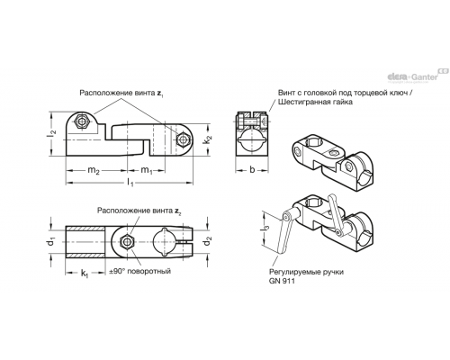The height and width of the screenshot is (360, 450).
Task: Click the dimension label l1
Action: (x=130, y=183)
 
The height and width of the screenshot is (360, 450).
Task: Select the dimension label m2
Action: (x=94, y=171)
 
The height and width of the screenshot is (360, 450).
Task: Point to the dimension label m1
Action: (x=147, y=171)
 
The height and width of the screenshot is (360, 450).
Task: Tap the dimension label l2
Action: (x=52, y=134)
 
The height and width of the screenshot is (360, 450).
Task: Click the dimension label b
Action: (x=252, y=170)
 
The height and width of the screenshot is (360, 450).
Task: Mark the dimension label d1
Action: (x=51, y=241)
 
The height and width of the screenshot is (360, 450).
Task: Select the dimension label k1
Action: (x=85, y=274)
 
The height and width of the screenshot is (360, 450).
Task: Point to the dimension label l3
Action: (x=265, y=229)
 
